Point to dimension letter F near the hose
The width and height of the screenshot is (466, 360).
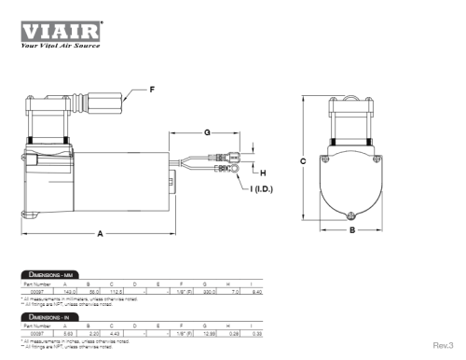[x=153, y=90]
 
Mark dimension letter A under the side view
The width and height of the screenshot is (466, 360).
[x=99, y=235]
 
